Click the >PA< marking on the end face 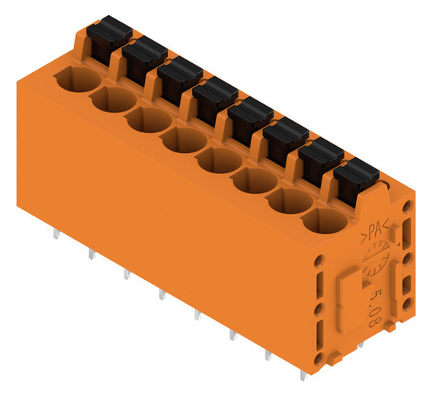pos(375,231)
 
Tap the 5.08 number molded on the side pos(374,308)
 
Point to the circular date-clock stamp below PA pos(375,258)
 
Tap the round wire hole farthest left pos(78,79)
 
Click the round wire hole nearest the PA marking pos(325,221)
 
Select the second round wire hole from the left pos(114,99)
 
